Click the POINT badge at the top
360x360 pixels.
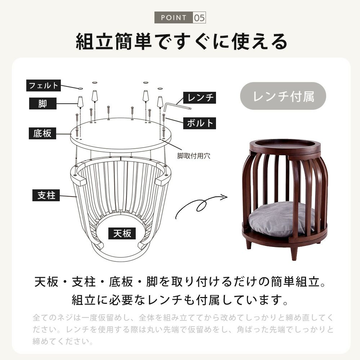pos(174,17)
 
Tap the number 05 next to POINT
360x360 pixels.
pos(199,17)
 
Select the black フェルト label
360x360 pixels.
pos(44,85)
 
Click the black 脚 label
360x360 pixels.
pos(43,103)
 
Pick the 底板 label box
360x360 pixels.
pos(42,133)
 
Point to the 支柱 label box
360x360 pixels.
pos(46,195)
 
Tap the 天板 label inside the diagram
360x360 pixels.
pos(122,233)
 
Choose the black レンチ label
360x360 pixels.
pos(199,98)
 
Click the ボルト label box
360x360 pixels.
pos(199,123)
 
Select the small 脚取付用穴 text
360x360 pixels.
pos(194,156)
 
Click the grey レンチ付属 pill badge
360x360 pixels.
pos(283,96)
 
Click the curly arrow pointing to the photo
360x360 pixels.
pos(200,204)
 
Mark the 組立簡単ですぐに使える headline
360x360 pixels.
pos(181,41)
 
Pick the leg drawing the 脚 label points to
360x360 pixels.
pos(80,102)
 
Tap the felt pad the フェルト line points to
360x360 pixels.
pos(80,88)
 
